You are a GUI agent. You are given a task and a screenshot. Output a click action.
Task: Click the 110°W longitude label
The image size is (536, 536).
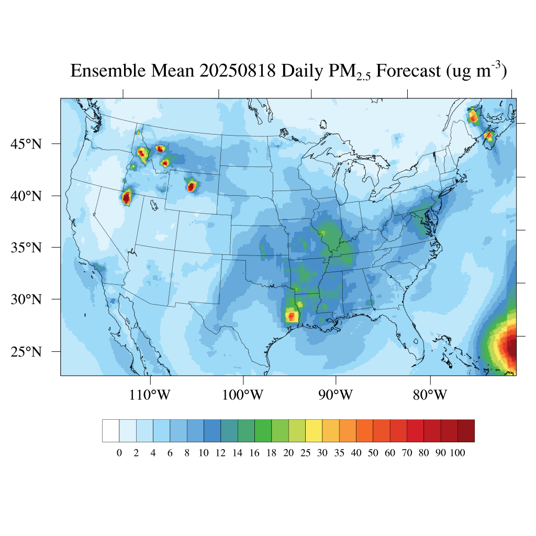pyautogui.click(x=150, y=395)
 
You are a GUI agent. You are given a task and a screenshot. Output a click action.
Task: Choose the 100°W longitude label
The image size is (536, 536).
pyautogui.click(x=243, y=395)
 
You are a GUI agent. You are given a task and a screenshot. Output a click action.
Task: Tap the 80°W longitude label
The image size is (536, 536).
pyautogui.click(x=430, y=395)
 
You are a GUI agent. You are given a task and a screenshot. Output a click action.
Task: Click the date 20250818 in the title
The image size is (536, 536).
pyautogui.click(x=238, y=71)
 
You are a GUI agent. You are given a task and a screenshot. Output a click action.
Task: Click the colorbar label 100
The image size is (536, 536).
pyautogui.click(x=457, y=453)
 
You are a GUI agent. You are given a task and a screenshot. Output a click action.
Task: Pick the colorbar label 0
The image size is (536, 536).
pyautogui.click(x=119, y=453)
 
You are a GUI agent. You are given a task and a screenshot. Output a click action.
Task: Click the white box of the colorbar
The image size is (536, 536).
pyautogui.click(x=111, y=431)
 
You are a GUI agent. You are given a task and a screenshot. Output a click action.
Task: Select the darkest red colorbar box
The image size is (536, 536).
pyautogui.click(x=466, y=431)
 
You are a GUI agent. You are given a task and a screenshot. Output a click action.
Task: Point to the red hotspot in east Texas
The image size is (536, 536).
pyautogui.click(x=292, y=316)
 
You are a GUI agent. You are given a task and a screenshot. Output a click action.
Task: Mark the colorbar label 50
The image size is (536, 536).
pyautogui.click(x=373, y=453)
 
